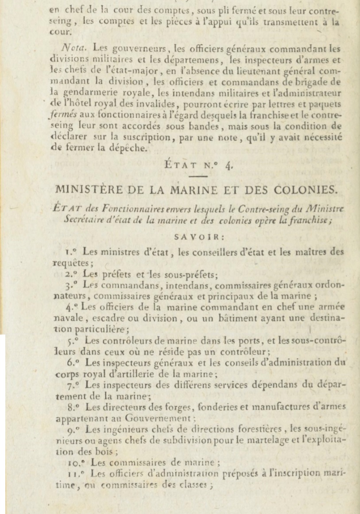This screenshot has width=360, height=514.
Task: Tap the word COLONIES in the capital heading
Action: tap(302, 190)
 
